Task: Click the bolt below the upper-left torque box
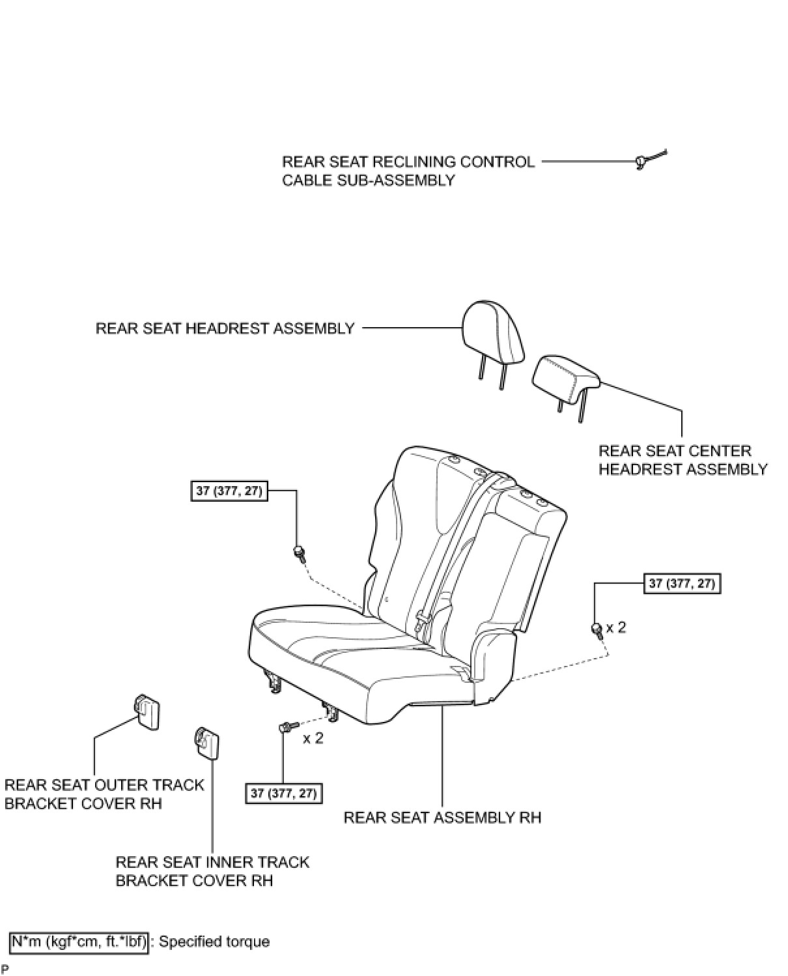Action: (300, 554)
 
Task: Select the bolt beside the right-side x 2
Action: (597, 630)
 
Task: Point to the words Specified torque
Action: (214, 941)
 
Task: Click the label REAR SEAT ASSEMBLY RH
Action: (442, 817)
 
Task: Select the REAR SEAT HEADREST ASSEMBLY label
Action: (225, 328)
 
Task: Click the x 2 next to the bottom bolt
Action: (313, 738)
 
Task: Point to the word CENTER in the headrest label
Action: (719, 451)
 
